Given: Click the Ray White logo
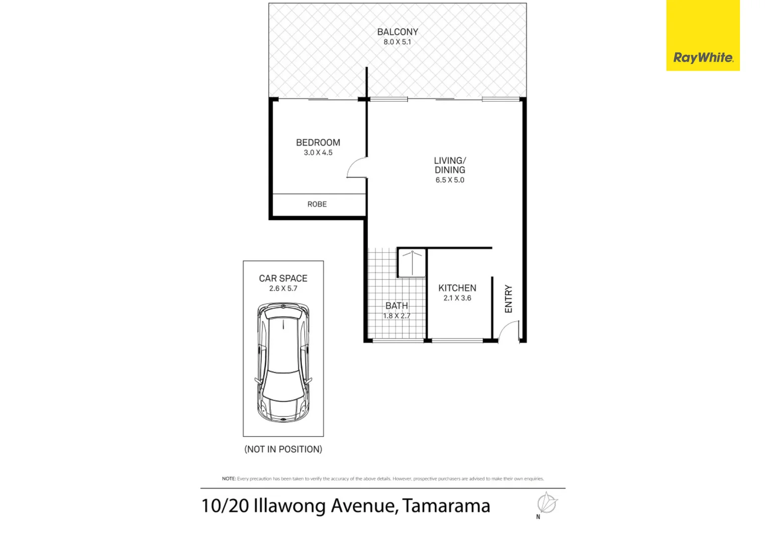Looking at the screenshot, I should [x=702, y=58].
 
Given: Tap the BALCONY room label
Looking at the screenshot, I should [x=398, y=32].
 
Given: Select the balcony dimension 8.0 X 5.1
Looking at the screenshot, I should [x=398, y=42].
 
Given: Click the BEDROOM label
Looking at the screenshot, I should [x=318, y=143].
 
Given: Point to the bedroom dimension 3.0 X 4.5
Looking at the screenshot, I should [x=318, y=153].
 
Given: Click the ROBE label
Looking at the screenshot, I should [x=317, y=204].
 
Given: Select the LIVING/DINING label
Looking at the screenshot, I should [x=450, y=165].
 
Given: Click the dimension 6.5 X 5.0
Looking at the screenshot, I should [x=450, y=180].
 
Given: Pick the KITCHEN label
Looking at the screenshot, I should [x=457, y=288].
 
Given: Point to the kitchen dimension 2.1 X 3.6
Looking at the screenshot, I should [x=457, y=298].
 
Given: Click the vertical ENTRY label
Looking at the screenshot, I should [x=509, y=299].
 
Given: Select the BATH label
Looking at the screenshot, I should [x=397, y=306].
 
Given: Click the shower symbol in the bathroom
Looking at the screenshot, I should [x=412, y=262].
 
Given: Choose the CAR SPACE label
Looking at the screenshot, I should [x=283, y=279].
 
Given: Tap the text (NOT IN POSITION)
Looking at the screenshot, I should [x=283, y=449].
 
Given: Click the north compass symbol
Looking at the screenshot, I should [x=546, y=503].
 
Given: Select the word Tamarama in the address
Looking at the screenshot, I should [x=446, y=506].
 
